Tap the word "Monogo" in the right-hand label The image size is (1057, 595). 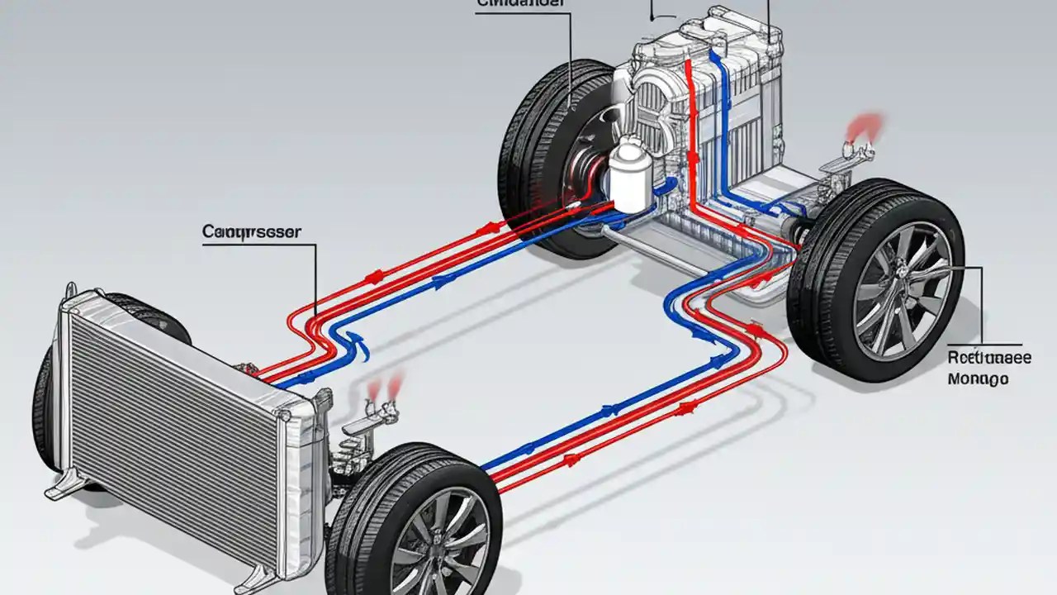point(978,379)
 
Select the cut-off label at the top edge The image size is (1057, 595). point(522,3)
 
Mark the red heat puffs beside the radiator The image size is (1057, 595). point(386,383)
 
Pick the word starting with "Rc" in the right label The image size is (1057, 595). point(988,359)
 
